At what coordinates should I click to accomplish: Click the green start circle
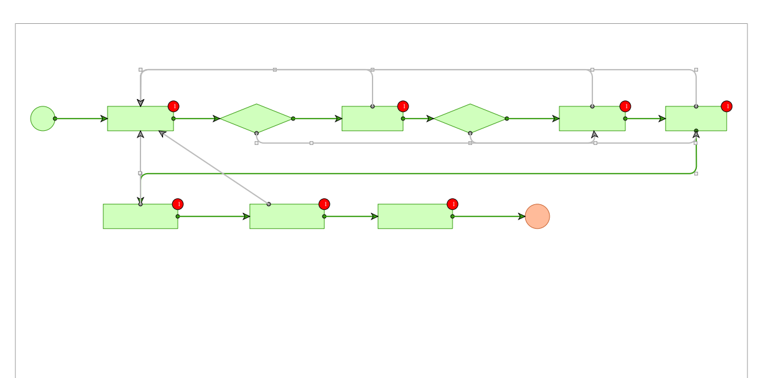[x=43, y=119]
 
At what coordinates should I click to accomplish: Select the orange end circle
[x=537, y=217]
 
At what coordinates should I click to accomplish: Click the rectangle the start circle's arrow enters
[x=140, y=119]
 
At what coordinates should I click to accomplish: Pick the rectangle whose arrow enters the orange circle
[x=415, y=217]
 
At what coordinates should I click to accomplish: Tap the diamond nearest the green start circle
[x=257, y=119]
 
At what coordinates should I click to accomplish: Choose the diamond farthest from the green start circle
[x=470, y=119]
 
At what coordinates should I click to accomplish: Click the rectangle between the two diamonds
[x=373, y=119]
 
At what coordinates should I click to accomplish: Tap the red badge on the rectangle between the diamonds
[x=403, y=106]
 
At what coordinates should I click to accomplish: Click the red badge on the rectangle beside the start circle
[x=173, y=106]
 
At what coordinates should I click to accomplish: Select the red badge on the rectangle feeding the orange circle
[x=453, y=204]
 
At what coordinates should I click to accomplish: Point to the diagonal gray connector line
[x=214, y=168]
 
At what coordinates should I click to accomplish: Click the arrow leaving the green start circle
[x=79, y=119]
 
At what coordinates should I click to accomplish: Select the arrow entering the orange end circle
[x=489, y=217]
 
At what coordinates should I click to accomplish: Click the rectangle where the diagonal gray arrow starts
[x=287, y=217]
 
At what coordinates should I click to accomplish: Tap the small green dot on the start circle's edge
[x=55, y=119]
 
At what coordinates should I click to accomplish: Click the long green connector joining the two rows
[x=415, y=174]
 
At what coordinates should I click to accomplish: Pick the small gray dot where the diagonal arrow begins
[x=269, y=204]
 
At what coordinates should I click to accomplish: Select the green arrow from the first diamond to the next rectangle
[x=318, y=119]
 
